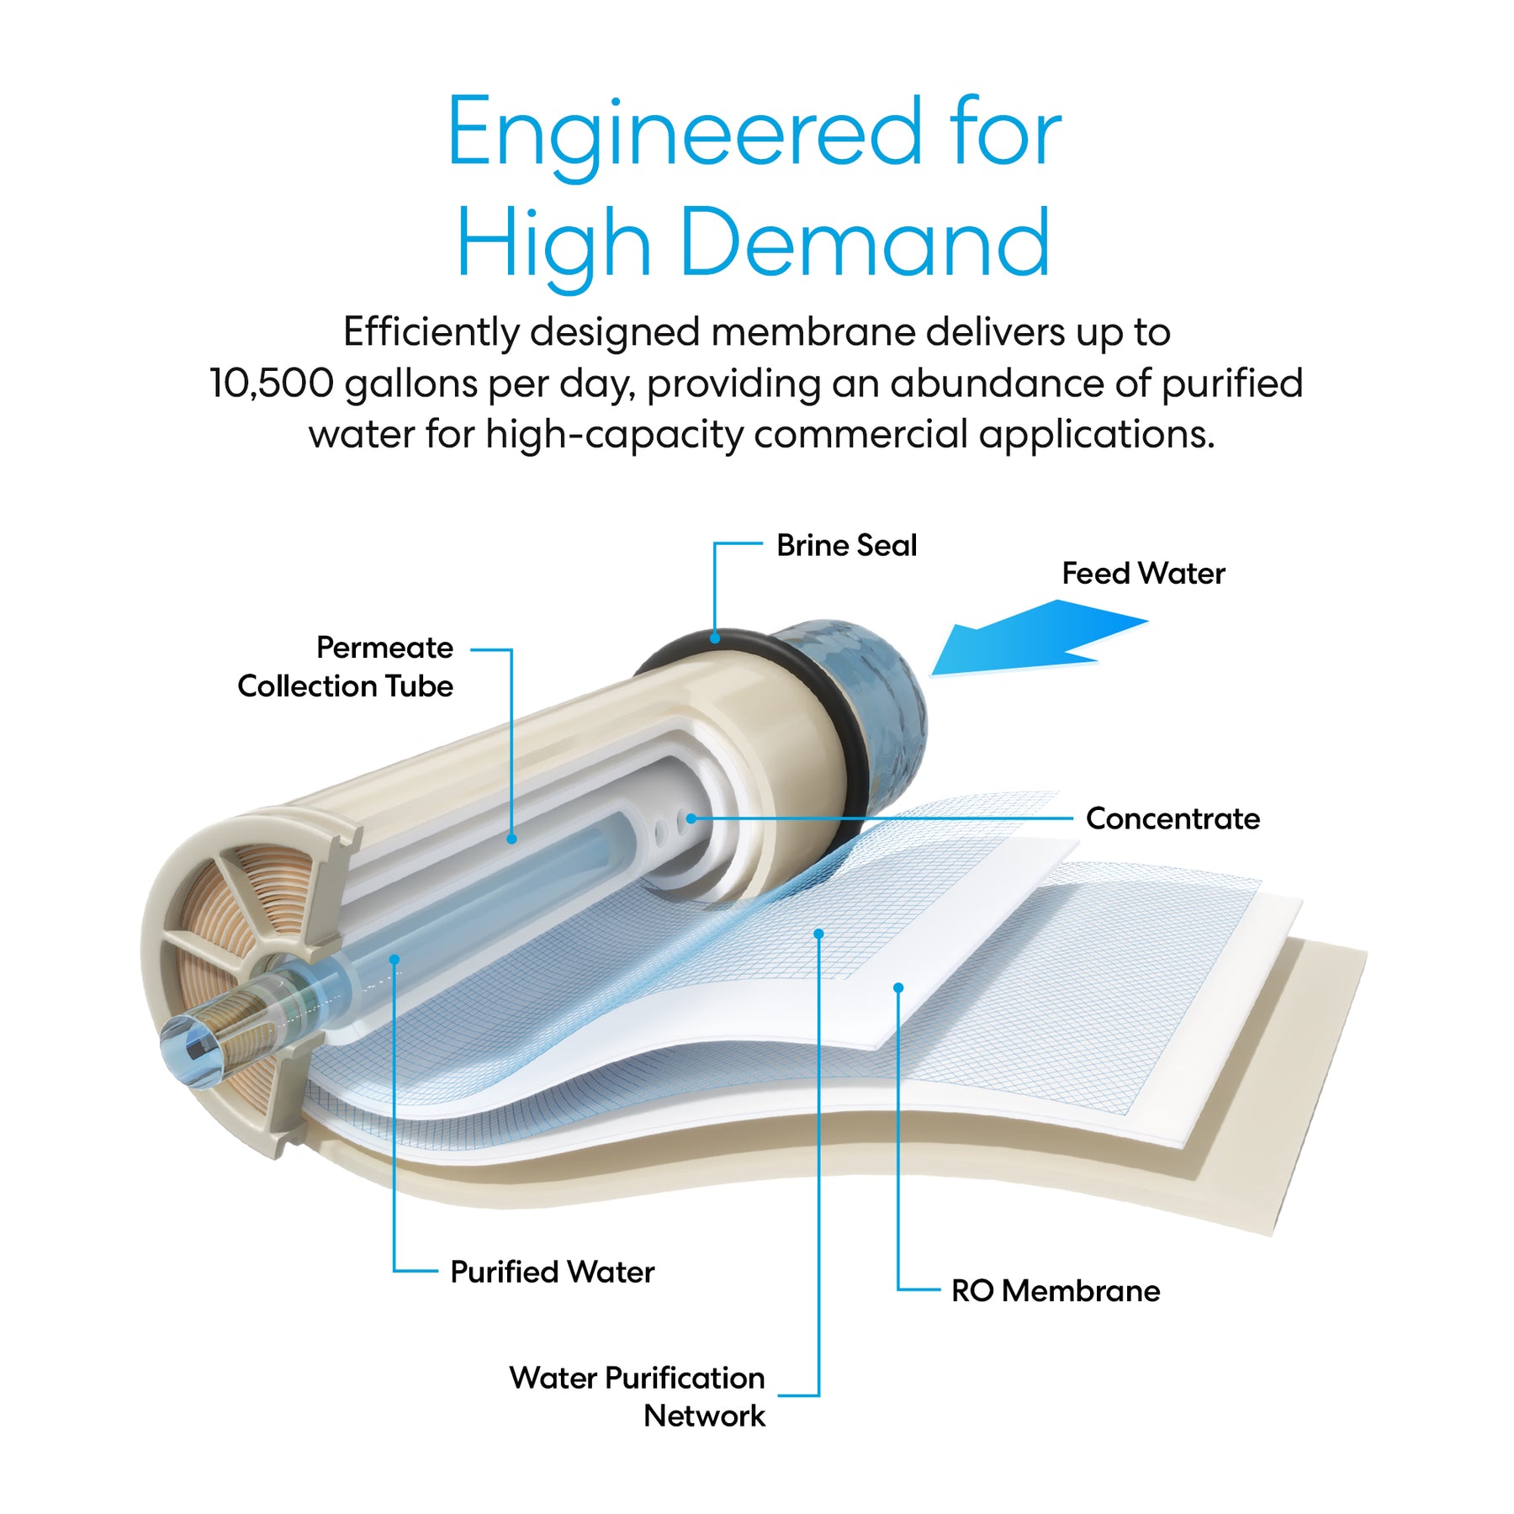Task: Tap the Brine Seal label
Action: pyautogui.click(x=846, y=545)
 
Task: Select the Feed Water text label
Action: pyautogui.click(x=1142, y=574)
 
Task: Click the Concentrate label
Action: pyautogui.click(x=1173, y=818)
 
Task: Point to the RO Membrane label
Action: pyautogui.click(x=1055, y=1290)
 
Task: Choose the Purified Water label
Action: pyautogui.click(x=552, y=1272)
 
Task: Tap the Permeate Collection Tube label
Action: pyautogui.click(x=346, y=666)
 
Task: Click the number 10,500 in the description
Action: pyautogui.click(x=272, y=384)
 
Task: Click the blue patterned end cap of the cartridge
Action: pyautogui.click(x=879, y=690)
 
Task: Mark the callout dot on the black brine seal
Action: pyautogui.click(x=715, y=638)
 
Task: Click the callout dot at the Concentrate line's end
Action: pyautogui.click(x=691, y=818)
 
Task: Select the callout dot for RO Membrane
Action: pyautogui.click(x=898, y=987)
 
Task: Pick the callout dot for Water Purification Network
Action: pyautogui.click(x=818, y=934)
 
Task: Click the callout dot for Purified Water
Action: pyautogui.click(x=394, y=959)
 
